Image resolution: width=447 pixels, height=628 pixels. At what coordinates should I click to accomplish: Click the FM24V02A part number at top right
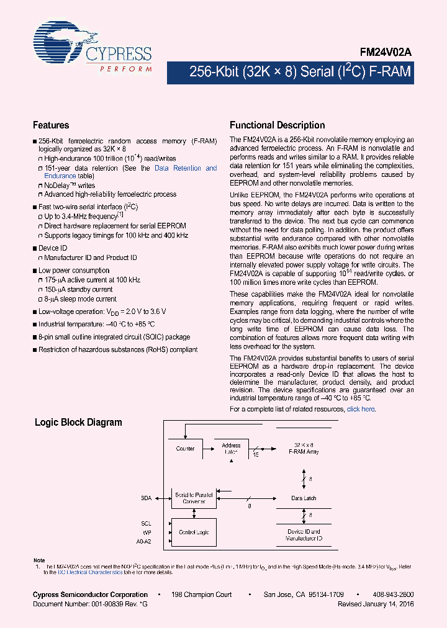tap(386, 54)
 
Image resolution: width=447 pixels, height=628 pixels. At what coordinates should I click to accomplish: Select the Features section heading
tap(51, 125)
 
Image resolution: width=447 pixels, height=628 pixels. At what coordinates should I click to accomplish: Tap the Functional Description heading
tap(277, 125)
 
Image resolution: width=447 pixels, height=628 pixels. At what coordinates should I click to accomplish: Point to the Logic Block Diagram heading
tap(78, 423)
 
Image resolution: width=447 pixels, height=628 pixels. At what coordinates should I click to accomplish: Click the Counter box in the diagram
tap(185, 449)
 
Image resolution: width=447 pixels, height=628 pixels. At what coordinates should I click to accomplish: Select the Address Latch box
tap(231, 449)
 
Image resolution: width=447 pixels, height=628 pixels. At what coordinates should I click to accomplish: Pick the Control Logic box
tap(194, 532)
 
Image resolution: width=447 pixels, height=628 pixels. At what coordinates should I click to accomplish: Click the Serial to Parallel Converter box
tap(194, 498)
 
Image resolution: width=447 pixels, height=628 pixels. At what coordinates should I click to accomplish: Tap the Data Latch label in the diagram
tap(304, 498)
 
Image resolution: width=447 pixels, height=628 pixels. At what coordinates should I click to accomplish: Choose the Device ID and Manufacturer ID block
tap(304, 535)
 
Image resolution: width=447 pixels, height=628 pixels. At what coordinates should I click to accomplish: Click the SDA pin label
tap(146, 498)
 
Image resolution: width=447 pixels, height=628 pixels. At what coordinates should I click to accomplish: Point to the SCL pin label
tap(146, 524)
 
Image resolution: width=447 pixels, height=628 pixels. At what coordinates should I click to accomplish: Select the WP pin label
tap(147, 532)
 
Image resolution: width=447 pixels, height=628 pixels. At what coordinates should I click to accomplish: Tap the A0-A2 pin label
tap(143, 541)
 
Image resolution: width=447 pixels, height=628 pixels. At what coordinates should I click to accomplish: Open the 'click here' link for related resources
tap(361, 410)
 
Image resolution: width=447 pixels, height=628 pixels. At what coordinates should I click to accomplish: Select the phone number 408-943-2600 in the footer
tap(394, 595)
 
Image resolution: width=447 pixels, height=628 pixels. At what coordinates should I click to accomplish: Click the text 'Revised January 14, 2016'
tap(376, 604)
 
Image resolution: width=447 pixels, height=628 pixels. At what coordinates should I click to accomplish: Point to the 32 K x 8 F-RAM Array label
tap(304, 449)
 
